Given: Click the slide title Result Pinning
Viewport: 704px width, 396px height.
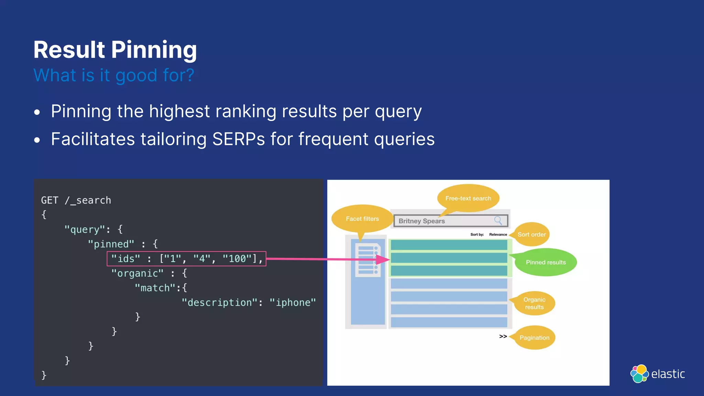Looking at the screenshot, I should click(115, 50).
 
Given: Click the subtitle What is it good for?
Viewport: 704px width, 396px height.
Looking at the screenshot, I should click(114, 75).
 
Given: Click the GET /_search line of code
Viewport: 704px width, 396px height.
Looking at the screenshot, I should click(76, 200).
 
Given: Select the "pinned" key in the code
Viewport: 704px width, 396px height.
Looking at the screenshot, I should click(111, 244).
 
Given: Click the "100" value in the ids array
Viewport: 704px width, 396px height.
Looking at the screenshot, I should click(237, 258).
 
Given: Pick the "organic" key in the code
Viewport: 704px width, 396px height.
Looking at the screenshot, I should click(137, 273).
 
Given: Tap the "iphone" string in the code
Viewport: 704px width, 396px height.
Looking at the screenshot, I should click(293, 302).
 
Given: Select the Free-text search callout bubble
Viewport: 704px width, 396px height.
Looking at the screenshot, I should click(468, 198).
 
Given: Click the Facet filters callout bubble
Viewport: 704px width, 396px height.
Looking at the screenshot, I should click(362, 219).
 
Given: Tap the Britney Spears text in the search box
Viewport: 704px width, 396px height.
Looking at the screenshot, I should click(421, 221).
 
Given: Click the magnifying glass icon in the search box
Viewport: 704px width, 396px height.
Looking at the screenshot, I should click(498, 220).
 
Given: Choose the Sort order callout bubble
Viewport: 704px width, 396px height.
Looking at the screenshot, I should click(531, 234).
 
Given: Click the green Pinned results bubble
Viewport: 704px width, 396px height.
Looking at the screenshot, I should click(546, 262).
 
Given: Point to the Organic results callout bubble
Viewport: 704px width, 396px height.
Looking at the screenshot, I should click(534, 303).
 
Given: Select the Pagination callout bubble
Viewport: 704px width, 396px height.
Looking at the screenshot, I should click(534, 338).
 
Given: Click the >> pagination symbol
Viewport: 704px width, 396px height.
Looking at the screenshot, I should click(503, 336).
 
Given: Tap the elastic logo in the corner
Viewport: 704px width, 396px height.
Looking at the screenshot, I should click(657, 374).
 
